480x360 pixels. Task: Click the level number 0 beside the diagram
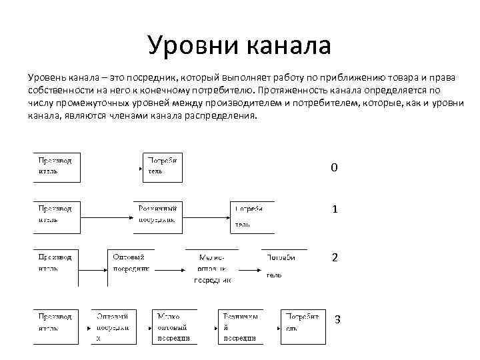coord(335,167)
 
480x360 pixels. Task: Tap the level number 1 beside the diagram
coord(335,209)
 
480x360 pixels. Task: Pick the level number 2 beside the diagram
coord(335,257)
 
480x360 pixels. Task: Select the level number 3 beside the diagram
coord(337,319)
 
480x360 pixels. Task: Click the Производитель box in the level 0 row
coord(57,167)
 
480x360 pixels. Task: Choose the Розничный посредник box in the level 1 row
coord(157,215)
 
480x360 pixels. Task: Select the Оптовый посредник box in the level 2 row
coord(131,263)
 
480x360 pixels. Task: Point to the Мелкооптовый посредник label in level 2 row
coord(213,268)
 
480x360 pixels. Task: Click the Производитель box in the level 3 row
coord(57,325)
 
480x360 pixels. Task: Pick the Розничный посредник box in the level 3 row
coord(240,326)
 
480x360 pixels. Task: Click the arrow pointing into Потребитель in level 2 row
coord(250,269)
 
